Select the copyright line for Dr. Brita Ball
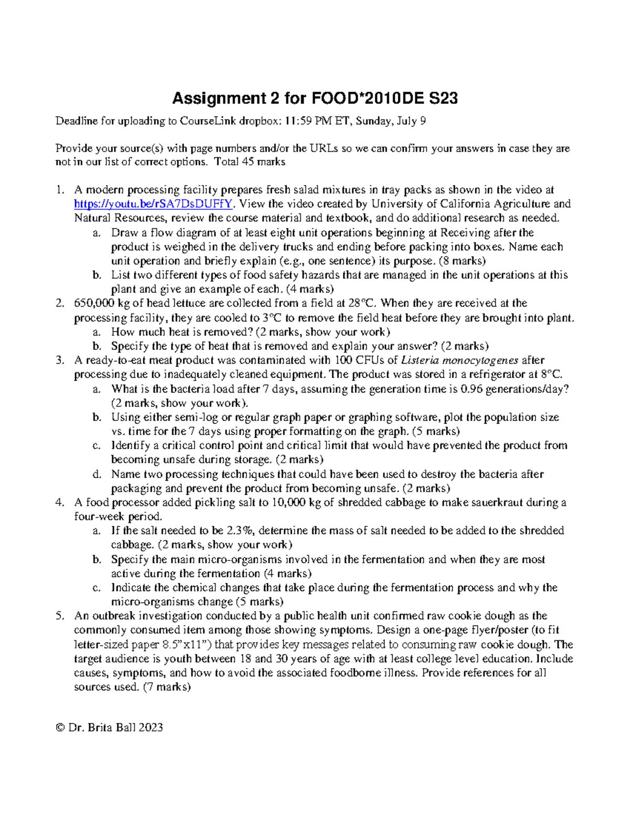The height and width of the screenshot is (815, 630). (x=109, y=727)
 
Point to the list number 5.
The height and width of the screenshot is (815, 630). (x=60, y=616)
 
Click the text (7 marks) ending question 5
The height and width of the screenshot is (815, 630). (x=166, y=687)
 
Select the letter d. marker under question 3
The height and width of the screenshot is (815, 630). (x=97, y=474)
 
